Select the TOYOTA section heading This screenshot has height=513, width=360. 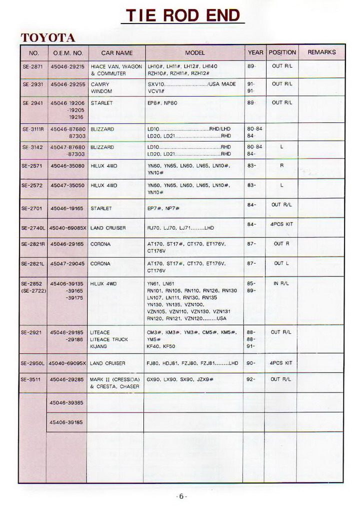[x=48, y=38]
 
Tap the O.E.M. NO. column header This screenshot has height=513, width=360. [x=67, y=52]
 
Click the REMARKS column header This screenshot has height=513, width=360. [x=321, y=52]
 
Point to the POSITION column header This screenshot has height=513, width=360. [x=282, y=52]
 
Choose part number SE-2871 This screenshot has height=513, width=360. [x=33, y=66]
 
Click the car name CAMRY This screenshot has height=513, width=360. [x=100, y=84]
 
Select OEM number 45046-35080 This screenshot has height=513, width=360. [x=67, y=165]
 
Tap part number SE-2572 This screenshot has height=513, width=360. [x=33, y=185]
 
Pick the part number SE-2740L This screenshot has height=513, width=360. [x=33, y=227]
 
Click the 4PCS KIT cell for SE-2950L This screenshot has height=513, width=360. [x=281, y=363]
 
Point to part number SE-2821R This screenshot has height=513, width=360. [x=33, y=244]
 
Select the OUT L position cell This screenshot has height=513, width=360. [x=281, y=263]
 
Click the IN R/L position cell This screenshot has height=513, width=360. [x=281, y=283]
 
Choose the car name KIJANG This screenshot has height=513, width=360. [x=98, y=346]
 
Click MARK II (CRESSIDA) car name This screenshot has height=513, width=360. [x=115, y=379]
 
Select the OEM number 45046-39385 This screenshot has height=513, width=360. [x=66, y=402]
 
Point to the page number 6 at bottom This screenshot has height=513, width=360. [x=181, y=496]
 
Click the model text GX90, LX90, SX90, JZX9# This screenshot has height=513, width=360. [x=180, y=379]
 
